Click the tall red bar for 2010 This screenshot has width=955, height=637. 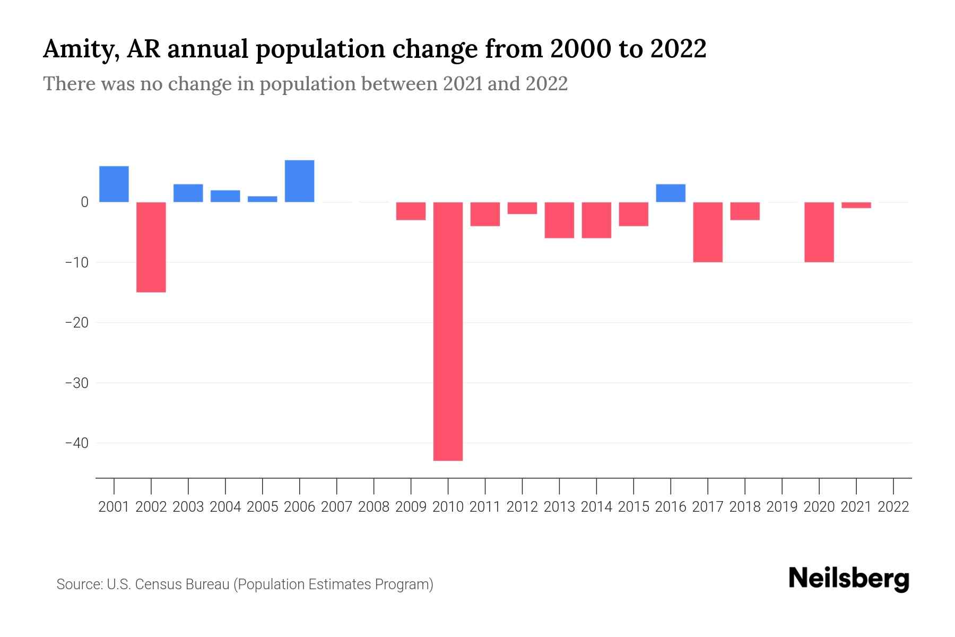(448, 331)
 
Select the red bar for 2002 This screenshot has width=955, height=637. (151, 247)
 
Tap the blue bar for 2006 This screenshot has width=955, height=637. (299, 181)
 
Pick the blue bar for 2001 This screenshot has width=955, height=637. (114, 184)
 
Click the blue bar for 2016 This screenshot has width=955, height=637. (671, 193)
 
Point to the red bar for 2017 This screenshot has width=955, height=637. (708, 232)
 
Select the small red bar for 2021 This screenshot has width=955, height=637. (856, 205)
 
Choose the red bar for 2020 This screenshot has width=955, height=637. (819, 232)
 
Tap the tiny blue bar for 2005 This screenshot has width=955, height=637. (262, 199)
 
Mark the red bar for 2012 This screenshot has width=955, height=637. (522, 208)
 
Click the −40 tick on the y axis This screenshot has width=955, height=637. (76, 443)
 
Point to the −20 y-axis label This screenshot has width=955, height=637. (76, 322)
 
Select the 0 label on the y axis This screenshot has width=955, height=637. (84, 202)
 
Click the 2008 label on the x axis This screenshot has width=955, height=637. (374, 507)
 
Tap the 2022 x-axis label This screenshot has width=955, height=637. (893, 507)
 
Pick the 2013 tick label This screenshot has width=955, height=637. (559, 507)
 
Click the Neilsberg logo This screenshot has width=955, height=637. (849, 579)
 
